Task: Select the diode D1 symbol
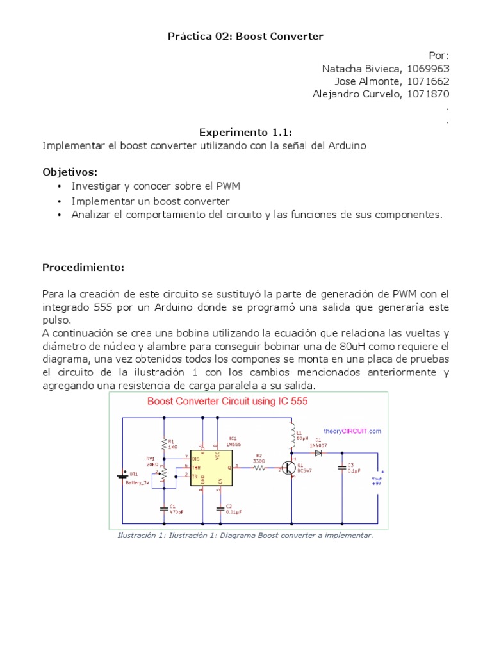tap(318, 452)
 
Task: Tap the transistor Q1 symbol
tap(289, 468)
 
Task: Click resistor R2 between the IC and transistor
tap(259, 468)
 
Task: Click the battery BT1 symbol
tap(122, 475)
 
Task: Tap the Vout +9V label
tap(377, 480)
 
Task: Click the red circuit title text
tap(227, 402)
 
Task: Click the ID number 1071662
tap(427, 81)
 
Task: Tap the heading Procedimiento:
tap(83, 267)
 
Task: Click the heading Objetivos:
tap(70, 172)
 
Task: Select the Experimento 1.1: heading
tap(245, 133)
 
